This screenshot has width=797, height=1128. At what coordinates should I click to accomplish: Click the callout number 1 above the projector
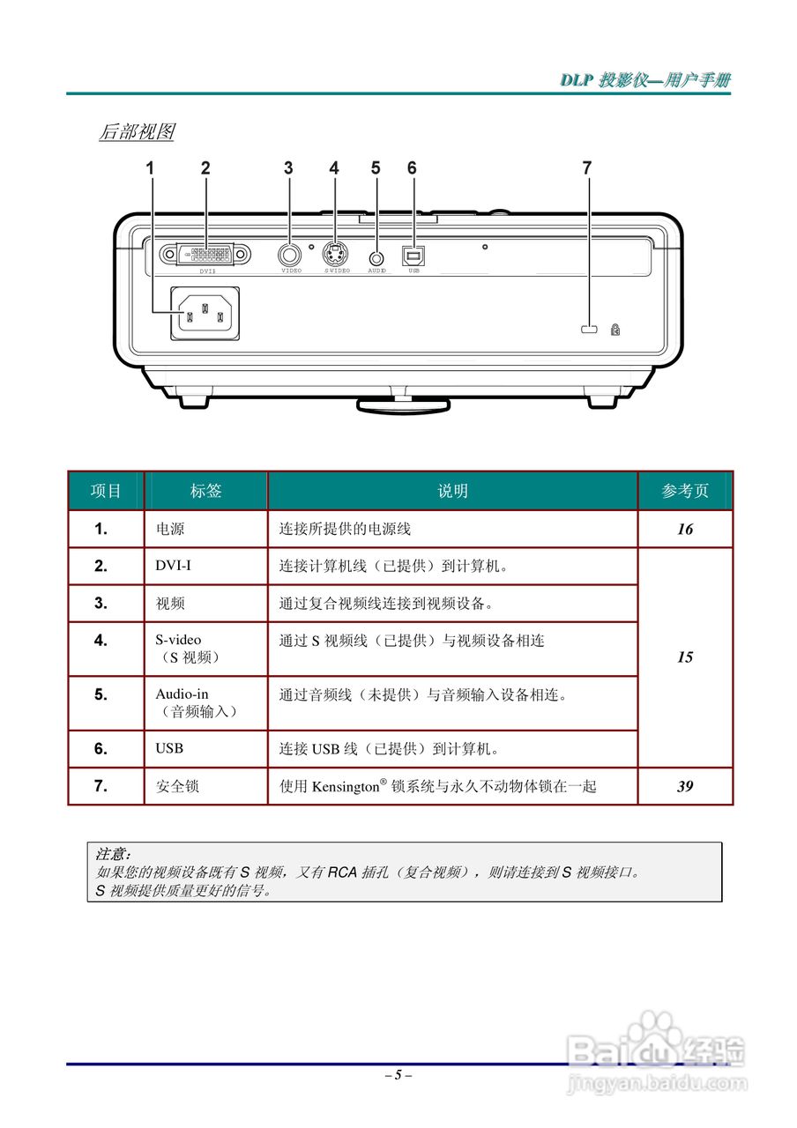click(x=151, y=167)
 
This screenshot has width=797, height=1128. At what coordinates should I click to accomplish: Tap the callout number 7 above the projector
click(x=586, y=167)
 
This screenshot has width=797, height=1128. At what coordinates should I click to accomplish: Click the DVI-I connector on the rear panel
click(x=205, y=255)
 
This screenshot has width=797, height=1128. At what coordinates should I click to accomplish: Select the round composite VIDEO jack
click(x=288, y=255)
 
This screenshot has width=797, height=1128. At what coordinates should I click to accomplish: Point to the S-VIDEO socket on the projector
click(x=334, y=255)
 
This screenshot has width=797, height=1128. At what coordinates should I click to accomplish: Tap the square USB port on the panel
click(x=412, y=255)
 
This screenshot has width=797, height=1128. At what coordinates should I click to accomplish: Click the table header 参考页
click(x=685, y=491)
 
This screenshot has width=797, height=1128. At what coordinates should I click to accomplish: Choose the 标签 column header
click(x=206, y=491)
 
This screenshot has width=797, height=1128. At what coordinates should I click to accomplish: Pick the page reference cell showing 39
click(x=685, y=786)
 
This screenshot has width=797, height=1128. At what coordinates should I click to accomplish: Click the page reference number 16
click(x=685, y=530)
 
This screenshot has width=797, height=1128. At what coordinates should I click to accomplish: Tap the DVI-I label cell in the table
click(x=174, y=566)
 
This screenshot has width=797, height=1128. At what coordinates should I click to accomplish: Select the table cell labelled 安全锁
click(x=177, y=786)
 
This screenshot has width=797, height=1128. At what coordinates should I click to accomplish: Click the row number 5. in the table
click(x=101, y=694)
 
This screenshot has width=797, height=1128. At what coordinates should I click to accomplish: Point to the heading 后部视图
click(x=137, y=132)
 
